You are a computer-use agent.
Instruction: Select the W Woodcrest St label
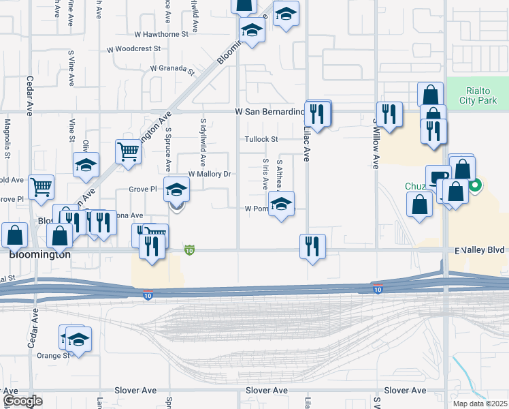pyautogui.click(x=134, y=49)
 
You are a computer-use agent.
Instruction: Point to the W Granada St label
pyautogui.click(x=173, y=68)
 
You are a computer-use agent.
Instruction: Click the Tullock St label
pyautogui.click(x=262, y=140)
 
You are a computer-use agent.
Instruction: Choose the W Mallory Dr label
pyautogui.click(x=210, y=174)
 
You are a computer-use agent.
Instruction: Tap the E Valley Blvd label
pyautogui.click(x=480, y=250)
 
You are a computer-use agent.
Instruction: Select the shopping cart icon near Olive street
pyautogui.click(x=127, y=152)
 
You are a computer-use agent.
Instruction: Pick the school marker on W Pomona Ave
pyautogui.click(x=281, y=204)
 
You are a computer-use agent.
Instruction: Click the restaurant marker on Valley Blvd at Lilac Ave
pyautogui.click(x=312, y=246)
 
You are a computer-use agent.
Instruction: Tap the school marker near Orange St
pyautogui.click(x=79, y=339)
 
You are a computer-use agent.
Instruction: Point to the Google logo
pyautogui.click(x=22, y=401)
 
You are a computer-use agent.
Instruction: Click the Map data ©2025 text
pyautogui.click(x=480, y=404)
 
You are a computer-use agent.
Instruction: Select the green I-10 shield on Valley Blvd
pyautogui.click(x=190, y=251)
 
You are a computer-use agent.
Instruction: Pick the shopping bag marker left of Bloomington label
pyautogui.click(x=15, y=234)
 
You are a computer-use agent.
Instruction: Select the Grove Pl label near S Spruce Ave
pyautogui.click(x=143, y=190)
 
